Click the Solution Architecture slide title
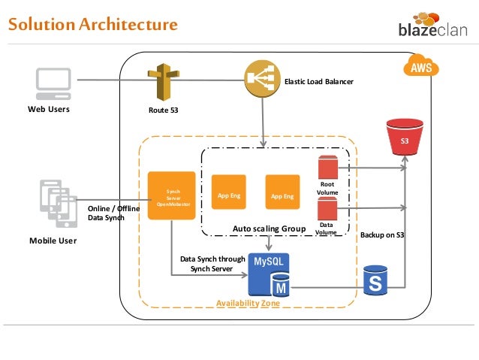92,25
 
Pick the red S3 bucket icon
404,138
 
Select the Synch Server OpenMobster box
172,195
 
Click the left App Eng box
229,195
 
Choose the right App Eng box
283,195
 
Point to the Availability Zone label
248,303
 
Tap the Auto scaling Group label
270,228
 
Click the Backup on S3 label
382,235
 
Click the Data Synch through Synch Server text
212,264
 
